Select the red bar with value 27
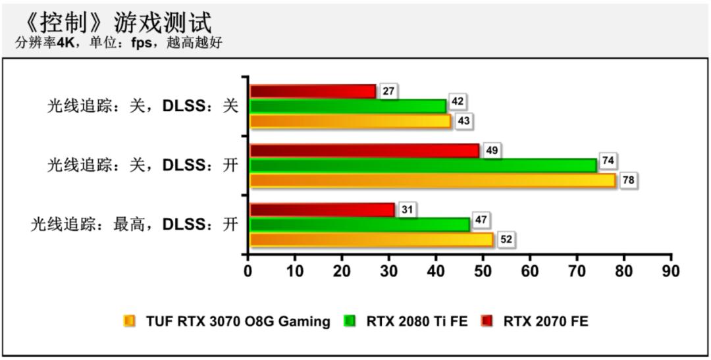(313, 91)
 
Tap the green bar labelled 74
(423, 165)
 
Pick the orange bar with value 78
(433, 180)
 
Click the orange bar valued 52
(371, 240)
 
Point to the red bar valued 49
(364, 151)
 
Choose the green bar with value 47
(359, 224)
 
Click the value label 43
(463, 122)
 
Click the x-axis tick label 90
(671, 270)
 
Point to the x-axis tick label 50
(483, 270)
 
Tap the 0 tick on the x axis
(248, 270)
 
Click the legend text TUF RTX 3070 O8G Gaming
(238, 321)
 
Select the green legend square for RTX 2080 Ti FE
(350, 321)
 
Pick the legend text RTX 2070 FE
(546, 321)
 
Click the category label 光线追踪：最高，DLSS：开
(134, 224)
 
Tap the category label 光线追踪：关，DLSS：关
(142, 106)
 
